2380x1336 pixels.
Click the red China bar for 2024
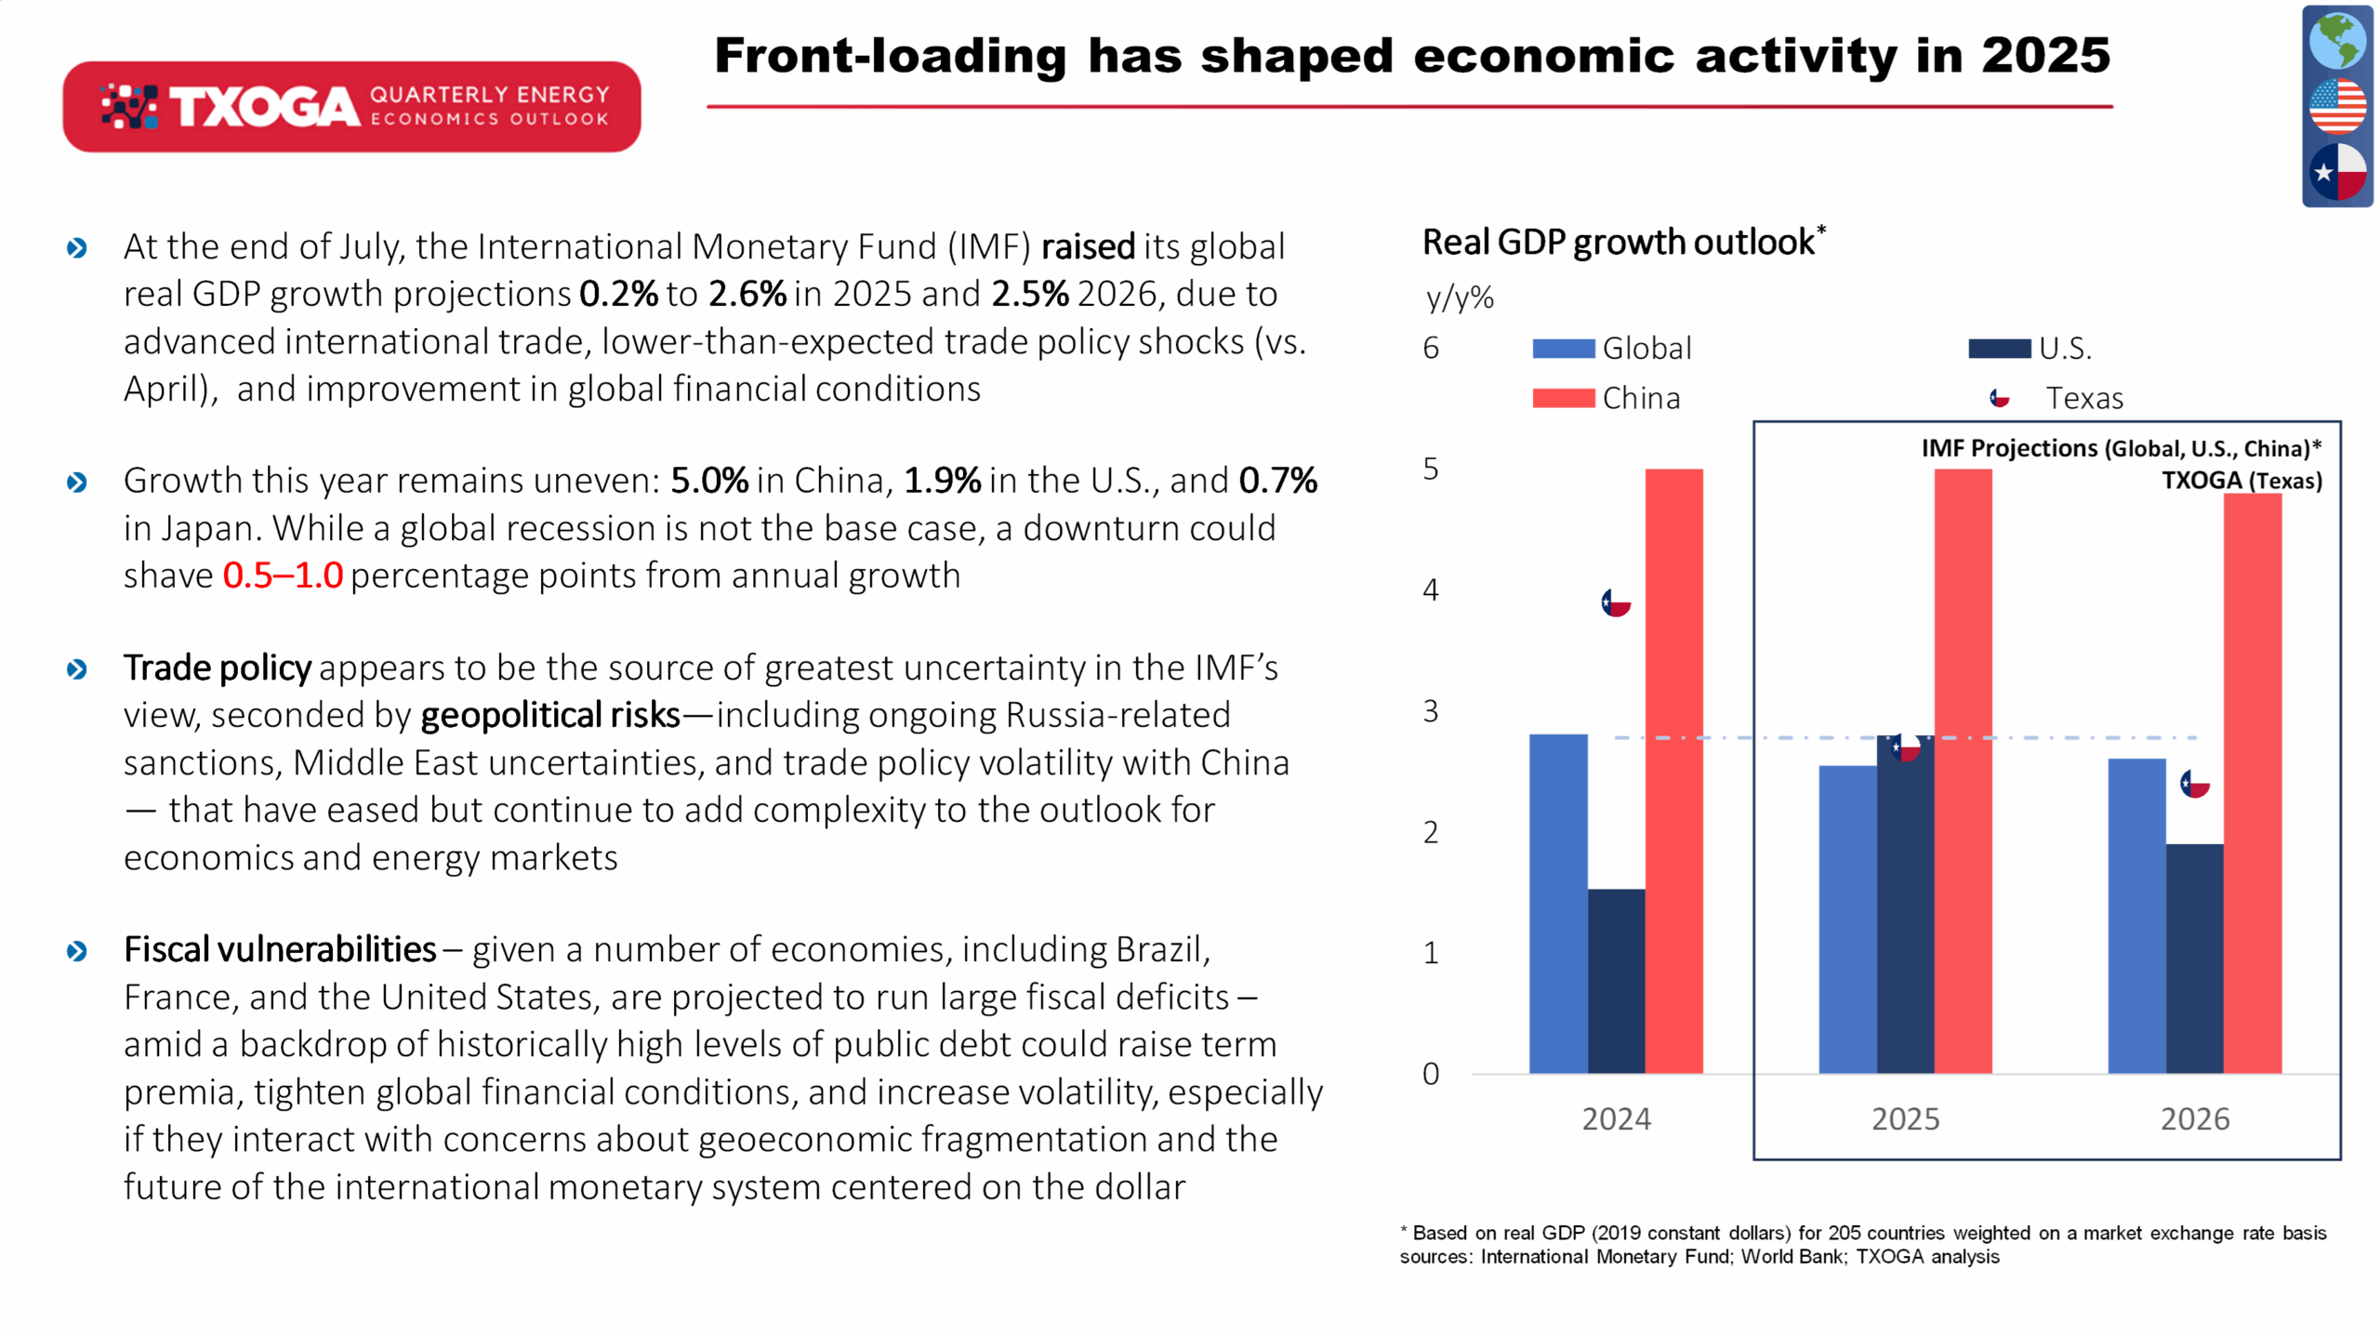[x=1673, y=771]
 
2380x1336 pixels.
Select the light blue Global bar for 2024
[x=1558, y=904]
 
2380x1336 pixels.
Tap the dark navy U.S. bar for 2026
[x=2194, y=959]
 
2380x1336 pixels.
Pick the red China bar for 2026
[x=2253, y=784]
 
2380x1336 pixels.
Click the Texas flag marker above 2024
[x=1616, y=602]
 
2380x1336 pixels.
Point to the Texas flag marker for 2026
[x=2195, y=784]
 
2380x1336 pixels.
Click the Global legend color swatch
[x=1564, y=349]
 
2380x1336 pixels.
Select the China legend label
[x=1641, y=398]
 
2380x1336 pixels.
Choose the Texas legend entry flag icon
[x=1999, y=398]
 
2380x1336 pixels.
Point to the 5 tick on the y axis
[x=1431, y=469]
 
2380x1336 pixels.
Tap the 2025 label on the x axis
[x=1905, y=1118]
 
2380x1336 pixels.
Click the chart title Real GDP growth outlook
[x=1619, y=242]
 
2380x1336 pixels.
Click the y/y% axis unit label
[x=1460, y=298]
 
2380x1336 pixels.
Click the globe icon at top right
[x=2337, y=40]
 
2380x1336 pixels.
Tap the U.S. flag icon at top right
[x=2337, y=106]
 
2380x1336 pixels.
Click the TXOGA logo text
[x=264, y=107]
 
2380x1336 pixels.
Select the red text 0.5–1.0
[x=283, y=575]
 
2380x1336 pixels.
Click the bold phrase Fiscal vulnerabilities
[x=280, y=949]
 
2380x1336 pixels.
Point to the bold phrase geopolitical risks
[x=550, y=715]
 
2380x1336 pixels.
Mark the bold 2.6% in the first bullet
[x=747, y=294]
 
